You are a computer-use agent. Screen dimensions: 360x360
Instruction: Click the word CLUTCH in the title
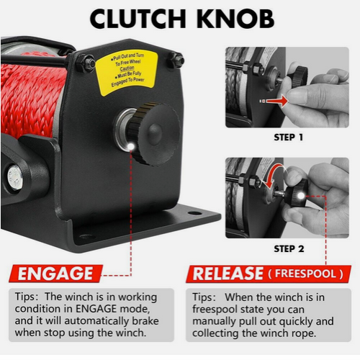point(138,19)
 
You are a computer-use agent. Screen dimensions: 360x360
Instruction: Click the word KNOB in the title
point(236,19)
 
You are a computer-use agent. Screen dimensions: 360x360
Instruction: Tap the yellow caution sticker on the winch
point(127,72)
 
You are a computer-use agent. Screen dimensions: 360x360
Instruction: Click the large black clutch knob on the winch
point(153,133)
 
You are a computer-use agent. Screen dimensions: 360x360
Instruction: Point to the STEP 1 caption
point(288,138)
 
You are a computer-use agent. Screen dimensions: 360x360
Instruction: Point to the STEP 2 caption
point(289,248)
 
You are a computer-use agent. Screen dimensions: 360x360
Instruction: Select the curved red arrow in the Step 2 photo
point(273,175)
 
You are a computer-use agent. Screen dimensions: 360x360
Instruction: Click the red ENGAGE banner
point(55,274)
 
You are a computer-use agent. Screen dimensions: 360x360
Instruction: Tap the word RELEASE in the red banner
point(228,274)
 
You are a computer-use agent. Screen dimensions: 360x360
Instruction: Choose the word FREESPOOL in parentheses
point(305,274)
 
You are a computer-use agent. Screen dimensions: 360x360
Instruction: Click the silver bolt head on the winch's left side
point(15,178)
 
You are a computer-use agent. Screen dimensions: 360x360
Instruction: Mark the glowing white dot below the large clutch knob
point(131,146)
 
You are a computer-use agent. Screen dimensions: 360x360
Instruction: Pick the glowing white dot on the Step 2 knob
point(300,197)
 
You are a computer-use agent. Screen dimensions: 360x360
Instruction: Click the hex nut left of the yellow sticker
point(86,63)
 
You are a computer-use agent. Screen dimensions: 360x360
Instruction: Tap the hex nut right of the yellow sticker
point(176,60)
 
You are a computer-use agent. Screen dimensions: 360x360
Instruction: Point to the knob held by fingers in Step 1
point(298,77)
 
